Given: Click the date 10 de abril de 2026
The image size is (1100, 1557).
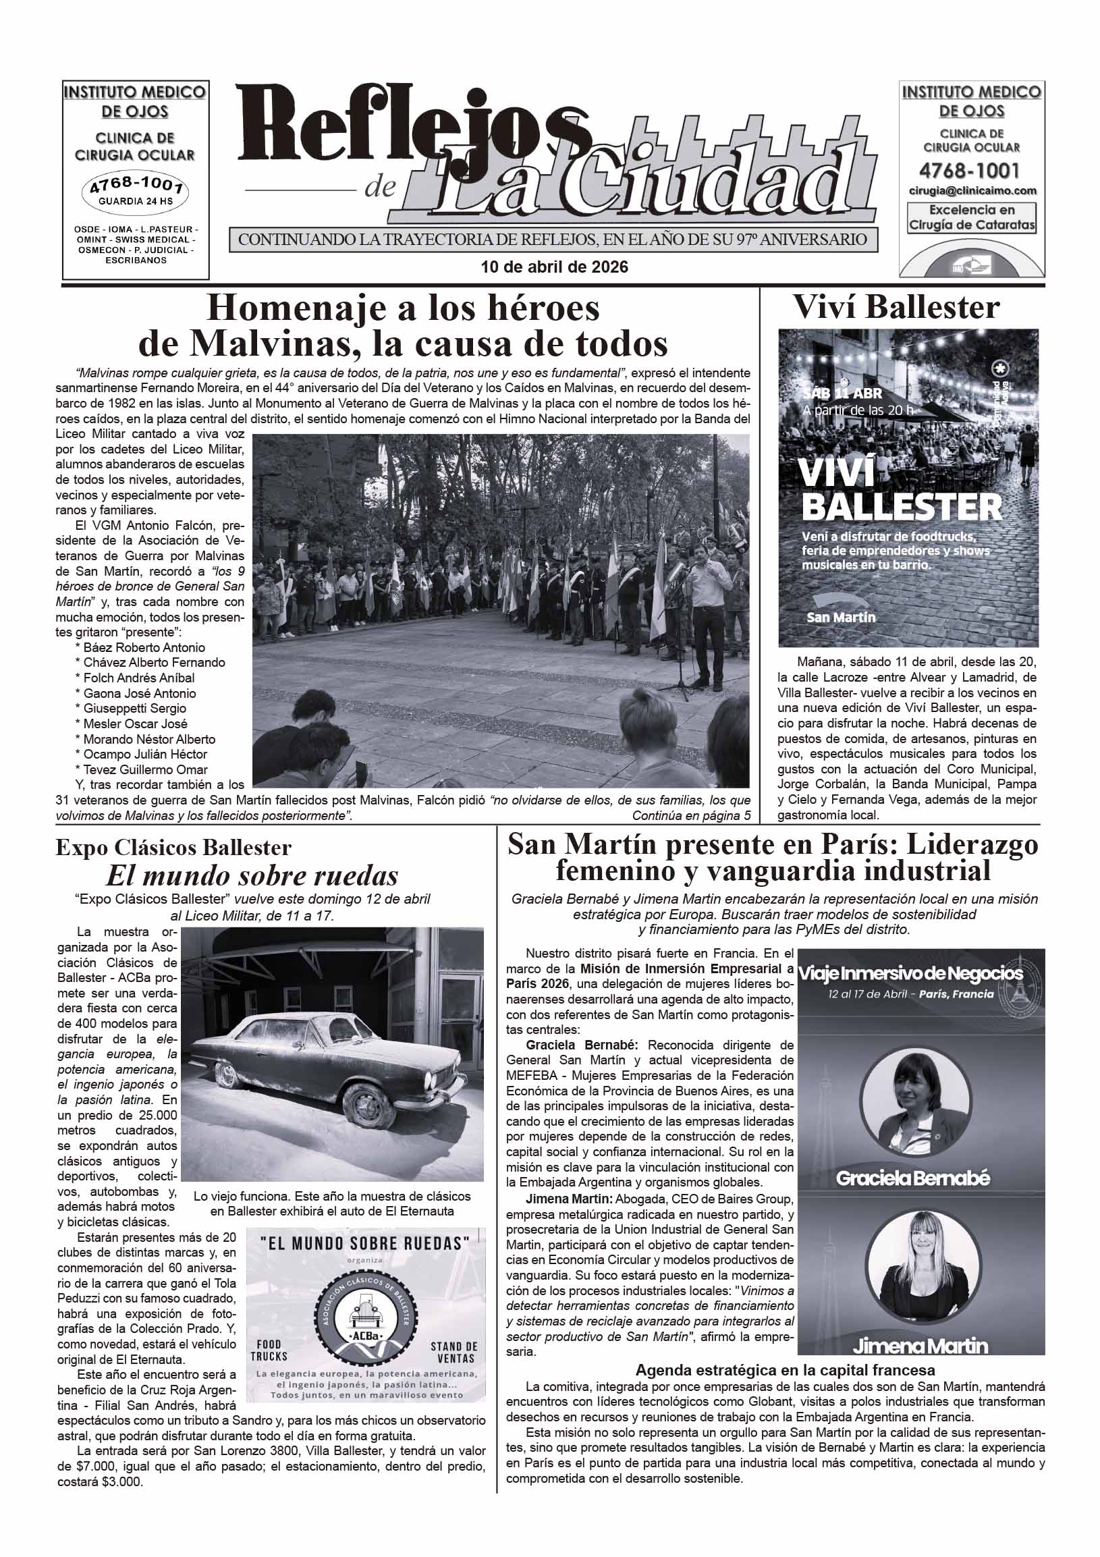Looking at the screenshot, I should pyautogui.click(x=554, y=267).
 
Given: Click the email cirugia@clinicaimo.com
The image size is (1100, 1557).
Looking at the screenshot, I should pyautogui.click(x=972, y=191).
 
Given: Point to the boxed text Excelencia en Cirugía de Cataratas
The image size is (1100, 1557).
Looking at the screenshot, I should pyautogui.click(x=971, y=218).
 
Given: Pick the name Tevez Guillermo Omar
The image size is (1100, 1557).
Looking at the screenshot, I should pyautogui.click(x=145, y=769).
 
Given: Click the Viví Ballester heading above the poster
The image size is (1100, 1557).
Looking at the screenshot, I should pyautogui.click(x=896, y=307).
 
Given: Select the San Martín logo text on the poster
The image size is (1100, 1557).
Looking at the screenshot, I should pyautogui.click(x=841, y=617).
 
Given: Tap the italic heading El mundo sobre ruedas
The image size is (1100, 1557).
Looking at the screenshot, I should pyautogui.click(x=252, y=876).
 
